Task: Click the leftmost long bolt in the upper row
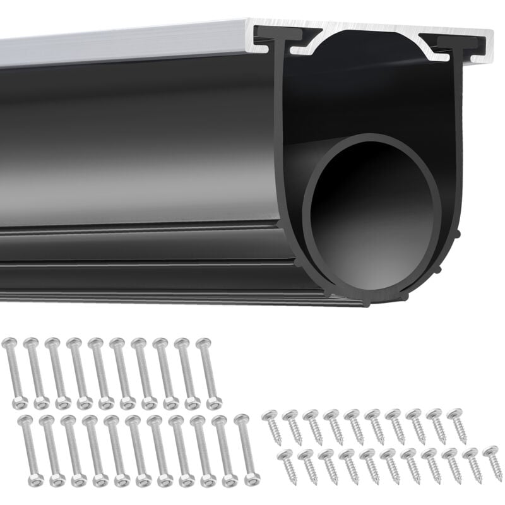click(15, 372)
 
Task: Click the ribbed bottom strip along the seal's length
click(158, 278)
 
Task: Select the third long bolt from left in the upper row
click(57, 372)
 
